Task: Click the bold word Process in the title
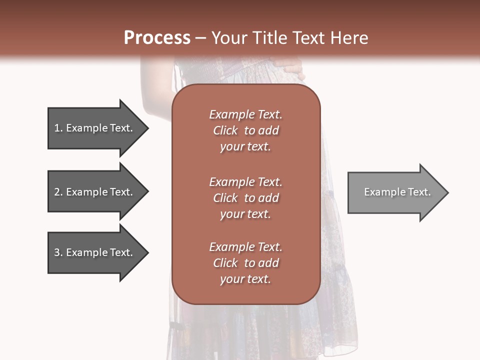[x=157, y=38]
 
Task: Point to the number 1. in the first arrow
[x=58, y=128]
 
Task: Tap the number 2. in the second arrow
[x=58, y=192]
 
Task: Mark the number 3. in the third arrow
[x=58, y=252]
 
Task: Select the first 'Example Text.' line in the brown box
[x=245, y=114]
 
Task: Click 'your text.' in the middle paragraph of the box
[x=245, y=214]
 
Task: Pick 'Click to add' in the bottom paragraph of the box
[x=245, y=263]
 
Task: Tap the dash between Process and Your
[x=200, y=38]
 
